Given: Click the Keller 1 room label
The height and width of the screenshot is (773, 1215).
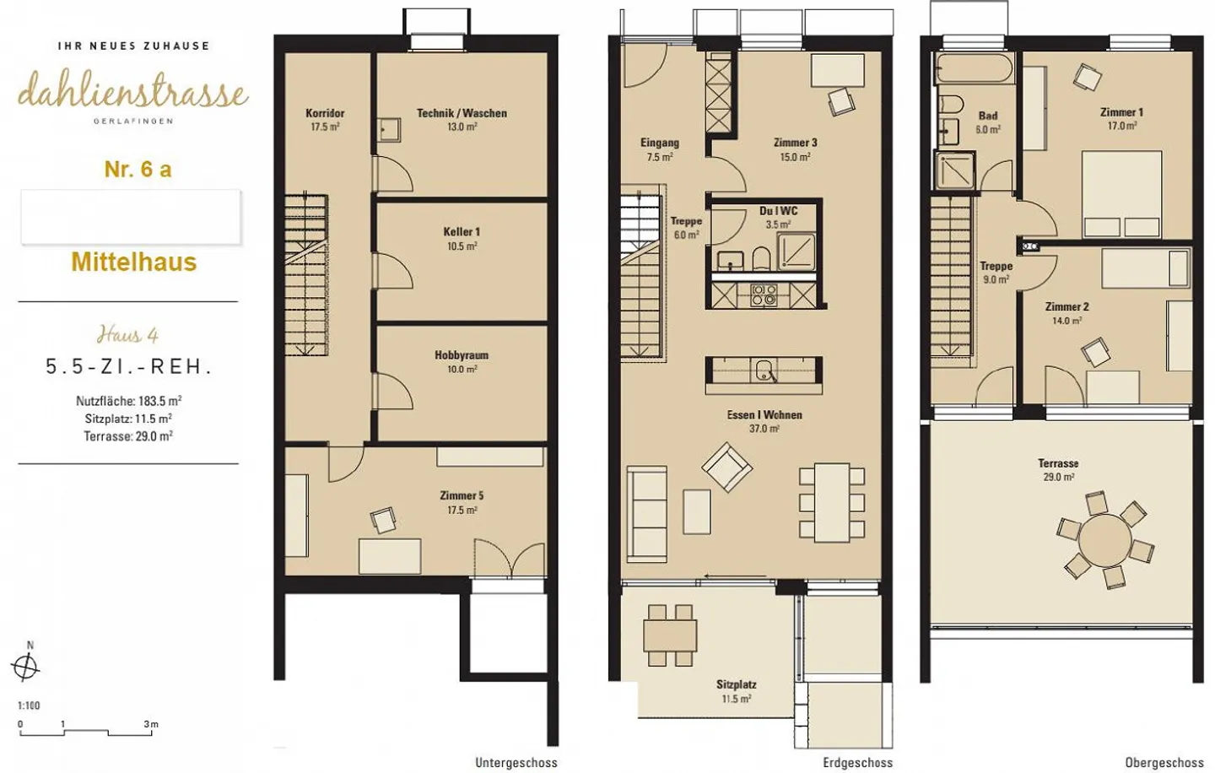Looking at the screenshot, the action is coord(462,232).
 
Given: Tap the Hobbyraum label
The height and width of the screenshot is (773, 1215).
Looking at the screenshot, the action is coord(462,355).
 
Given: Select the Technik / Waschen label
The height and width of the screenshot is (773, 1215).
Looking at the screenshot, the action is coord(462,113).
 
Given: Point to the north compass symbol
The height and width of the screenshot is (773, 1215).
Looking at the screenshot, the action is coord(25,667).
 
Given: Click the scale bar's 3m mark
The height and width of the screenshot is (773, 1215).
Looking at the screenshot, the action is coord(151,724).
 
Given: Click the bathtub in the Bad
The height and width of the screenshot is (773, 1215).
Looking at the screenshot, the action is coord(975,69).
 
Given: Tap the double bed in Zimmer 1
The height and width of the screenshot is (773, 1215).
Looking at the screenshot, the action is coord(1121,193).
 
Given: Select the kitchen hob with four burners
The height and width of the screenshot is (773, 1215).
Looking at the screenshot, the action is coord(763,295).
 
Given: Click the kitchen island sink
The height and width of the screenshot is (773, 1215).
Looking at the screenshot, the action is coord(764,370).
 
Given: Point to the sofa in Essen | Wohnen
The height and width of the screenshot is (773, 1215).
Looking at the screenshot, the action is coord(646,514).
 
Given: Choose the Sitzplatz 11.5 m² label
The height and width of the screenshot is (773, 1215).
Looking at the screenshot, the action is coord(736,692).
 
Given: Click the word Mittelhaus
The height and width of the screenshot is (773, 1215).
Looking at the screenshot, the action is coord(134,262).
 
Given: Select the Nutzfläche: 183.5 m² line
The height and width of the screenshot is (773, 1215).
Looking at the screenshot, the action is coord(128,402).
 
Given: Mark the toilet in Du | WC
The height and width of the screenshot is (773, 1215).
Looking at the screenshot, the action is coord(762,259).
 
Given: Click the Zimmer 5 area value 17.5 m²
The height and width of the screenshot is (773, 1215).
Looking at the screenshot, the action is coord(462,510).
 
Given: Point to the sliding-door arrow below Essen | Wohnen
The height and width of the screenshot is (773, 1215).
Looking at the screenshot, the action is coord(735,576).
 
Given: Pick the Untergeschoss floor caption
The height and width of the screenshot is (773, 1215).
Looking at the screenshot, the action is coord(516,763).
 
